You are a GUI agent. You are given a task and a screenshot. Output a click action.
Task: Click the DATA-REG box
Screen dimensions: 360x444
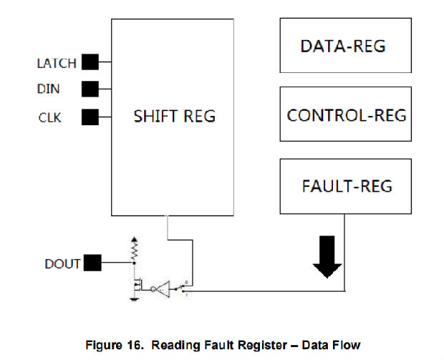343,47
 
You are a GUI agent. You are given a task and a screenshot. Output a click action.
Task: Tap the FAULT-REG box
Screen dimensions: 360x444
347,186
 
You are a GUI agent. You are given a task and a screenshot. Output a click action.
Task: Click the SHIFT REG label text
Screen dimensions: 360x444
174,116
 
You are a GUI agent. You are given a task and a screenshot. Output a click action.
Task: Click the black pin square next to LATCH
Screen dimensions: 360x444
90,62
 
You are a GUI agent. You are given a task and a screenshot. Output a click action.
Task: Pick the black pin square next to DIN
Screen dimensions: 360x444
90,89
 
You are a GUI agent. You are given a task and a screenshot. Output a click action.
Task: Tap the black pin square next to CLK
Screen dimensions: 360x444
90,116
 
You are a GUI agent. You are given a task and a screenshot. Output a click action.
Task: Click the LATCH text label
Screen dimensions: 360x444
56,63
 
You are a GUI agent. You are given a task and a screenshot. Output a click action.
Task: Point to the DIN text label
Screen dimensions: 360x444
48,89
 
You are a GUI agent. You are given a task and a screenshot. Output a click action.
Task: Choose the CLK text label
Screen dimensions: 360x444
50,117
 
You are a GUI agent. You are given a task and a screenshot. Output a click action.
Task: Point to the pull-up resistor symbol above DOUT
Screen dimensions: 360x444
132,248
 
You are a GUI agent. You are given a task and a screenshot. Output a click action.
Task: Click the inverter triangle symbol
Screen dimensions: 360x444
162,290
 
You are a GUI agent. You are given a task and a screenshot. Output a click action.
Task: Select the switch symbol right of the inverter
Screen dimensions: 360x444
183,288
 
